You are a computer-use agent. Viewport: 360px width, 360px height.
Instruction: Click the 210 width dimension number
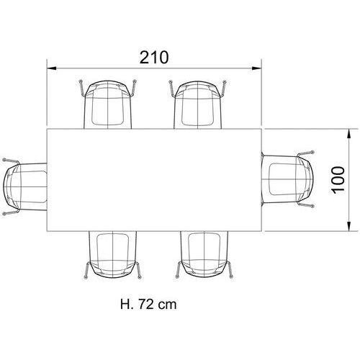point(154,58)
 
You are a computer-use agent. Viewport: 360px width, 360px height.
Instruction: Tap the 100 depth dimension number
point(338,180)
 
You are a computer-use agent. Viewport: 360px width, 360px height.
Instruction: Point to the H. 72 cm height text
point(148,305)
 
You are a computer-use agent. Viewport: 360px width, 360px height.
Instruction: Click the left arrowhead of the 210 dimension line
point(51,68)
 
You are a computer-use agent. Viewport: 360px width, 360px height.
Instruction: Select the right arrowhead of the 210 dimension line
point(256,68)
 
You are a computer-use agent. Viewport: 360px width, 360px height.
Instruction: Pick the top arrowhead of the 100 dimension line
point(349,134)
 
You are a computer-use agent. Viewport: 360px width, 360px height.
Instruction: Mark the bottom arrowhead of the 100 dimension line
point(349,226)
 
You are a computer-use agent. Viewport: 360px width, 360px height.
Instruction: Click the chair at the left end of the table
point(24,186)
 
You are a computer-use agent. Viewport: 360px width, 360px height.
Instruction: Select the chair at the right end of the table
point(287,179)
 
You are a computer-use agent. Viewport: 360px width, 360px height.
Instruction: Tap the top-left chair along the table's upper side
point(108,104)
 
